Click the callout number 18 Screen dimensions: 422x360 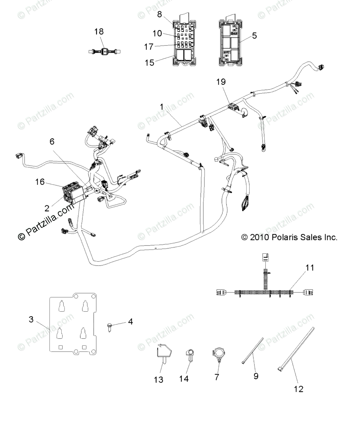(99, 32)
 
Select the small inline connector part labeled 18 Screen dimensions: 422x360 (104, 51)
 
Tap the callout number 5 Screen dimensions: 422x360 (254, 36)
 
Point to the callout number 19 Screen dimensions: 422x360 (231, 82)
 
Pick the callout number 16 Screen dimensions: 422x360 (40, 182)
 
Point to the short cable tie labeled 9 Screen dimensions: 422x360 (253, 350)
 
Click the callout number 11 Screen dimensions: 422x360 (309, 268)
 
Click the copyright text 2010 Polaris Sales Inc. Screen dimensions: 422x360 (289, 237)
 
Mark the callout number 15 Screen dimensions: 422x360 (150, 63)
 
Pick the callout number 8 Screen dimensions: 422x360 (159, 14)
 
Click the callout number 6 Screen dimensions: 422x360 (52, 142)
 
